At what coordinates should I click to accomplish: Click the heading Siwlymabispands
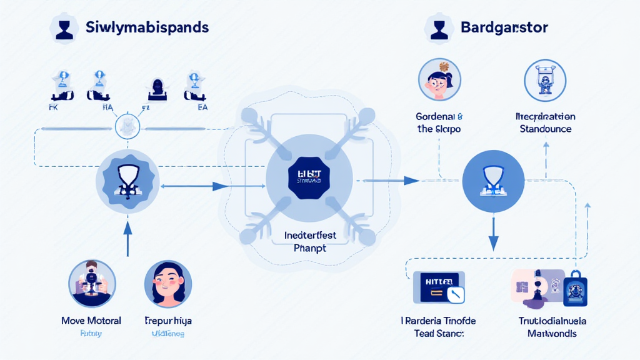(x=146, y=28)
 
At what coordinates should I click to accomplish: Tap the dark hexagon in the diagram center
(x=305, y=179)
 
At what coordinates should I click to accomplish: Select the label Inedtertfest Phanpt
(x=305, y=242)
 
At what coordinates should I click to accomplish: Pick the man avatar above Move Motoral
(x=91, y=282)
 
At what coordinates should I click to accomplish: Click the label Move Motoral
(x=91, y=321)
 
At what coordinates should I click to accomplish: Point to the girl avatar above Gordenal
(x=439, y=80)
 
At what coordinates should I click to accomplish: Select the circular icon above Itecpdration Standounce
(x=545, y=81)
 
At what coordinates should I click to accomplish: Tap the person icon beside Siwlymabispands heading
(x=64, y=29)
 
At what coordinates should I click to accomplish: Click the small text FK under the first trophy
(x=52, y=107)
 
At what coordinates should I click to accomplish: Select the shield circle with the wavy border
(x=127, y=181)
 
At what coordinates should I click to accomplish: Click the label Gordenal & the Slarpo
(x=439, y=122)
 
